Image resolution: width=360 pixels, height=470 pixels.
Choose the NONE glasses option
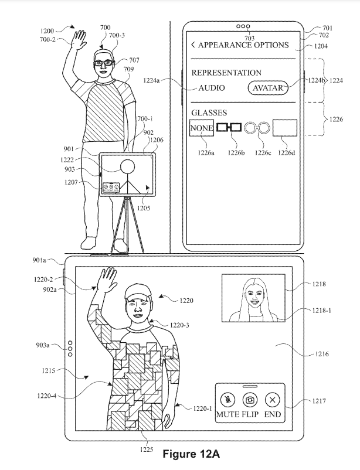[200, 127]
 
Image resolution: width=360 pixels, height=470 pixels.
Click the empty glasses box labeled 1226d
[285, 128]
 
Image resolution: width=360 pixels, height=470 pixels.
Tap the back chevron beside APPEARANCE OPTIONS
[193, 45]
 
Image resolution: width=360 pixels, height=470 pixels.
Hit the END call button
[272, 400]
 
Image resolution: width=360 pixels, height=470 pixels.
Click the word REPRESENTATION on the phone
[226, 73]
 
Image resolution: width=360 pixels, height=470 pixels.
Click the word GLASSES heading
[209, 113]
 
